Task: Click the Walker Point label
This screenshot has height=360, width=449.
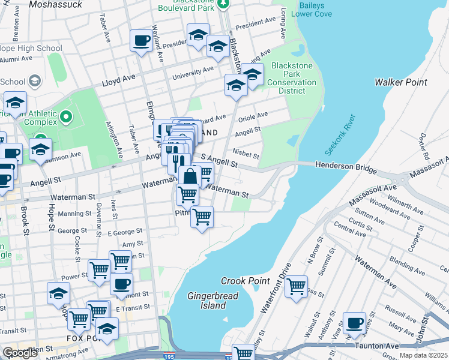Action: tap(400, 82)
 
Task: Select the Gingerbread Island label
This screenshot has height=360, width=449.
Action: tap(213, 301)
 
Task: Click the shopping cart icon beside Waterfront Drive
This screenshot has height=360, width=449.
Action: tap(296, 287)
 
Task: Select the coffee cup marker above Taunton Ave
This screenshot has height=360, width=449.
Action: tap(354, 323)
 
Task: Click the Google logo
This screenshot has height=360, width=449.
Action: tap(20, 353)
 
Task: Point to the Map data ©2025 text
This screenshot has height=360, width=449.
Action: tap(423, 355)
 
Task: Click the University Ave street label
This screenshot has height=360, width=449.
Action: tap(193, 73)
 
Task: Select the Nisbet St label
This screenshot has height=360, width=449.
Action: tap(246, 155)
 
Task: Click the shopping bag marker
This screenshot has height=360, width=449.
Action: tap(190, 176)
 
